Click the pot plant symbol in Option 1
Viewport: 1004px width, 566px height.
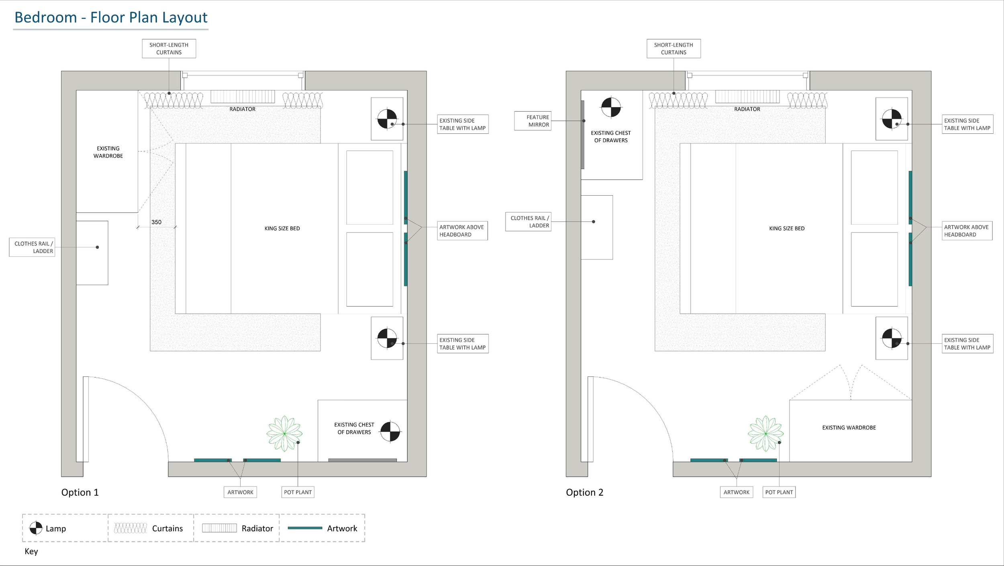(284, 433)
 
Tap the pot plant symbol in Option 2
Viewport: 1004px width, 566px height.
(765, 433)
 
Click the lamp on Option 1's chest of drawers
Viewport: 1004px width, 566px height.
(390, 431)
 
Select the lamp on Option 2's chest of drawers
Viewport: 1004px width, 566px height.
(611, 107)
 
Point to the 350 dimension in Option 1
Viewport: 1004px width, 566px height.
(156, 222)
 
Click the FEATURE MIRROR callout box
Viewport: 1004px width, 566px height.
(533, 121)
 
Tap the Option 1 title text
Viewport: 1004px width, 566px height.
(80, 492)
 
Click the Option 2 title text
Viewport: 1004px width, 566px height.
(584, 492)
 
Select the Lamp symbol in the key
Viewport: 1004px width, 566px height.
(36, 528)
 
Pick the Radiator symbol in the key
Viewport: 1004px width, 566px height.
(219, 528)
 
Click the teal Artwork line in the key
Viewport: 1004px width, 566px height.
(305, 528)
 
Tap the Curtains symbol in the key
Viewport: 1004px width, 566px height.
(130, 528)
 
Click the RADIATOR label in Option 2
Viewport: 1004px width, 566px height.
(747, 109)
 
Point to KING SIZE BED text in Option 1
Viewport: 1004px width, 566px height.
(282, 229)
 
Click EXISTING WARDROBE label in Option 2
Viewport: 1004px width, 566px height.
(849, 428)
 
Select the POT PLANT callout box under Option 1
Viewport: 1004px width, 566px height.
(298, 492)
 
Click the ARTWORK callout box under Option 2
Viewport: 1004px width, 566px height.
(736, 492)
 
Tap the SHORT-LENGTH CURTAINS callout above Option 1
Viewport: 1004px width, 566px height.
(169, 49)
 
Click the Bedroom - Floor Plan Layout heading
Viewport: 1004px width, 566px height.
(111, 18)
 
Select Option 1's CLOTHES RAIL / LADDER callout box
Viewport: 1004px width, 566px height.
(32, 247)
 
